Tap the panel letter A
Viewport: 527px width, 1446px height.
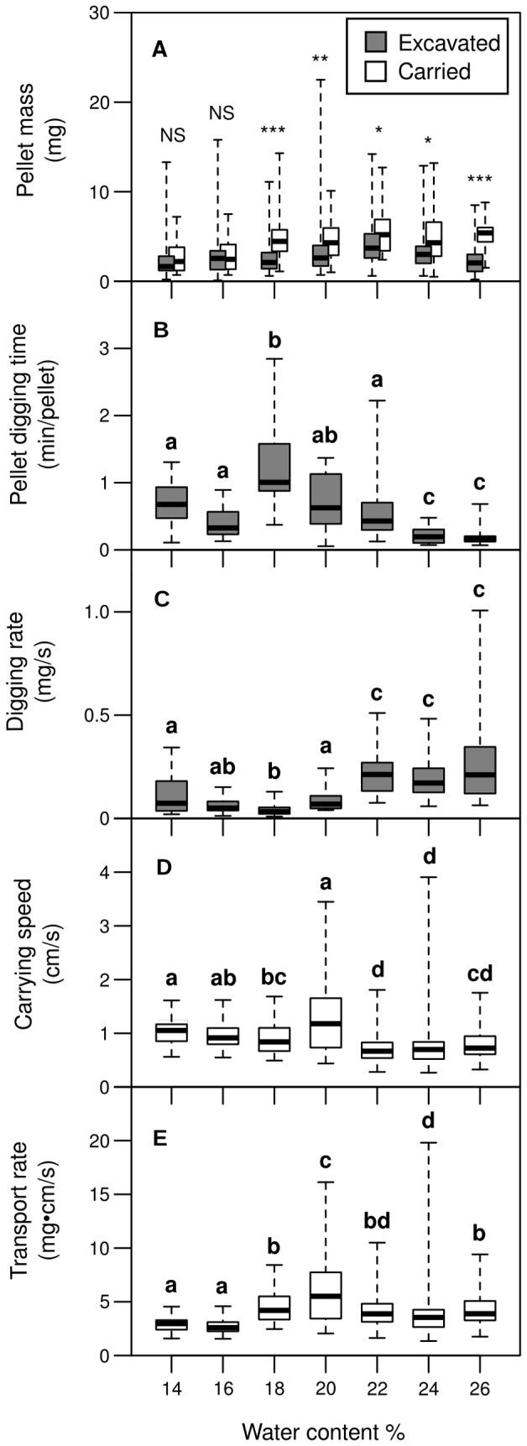click(159, 51)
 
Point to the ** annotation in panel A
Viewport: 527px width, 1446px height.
click(320, 60)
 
